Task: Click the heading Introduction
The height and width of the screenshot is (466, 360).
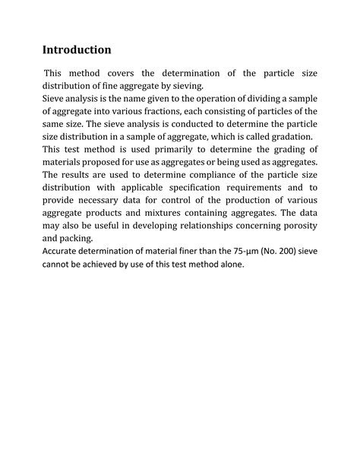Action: (77, 50)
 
